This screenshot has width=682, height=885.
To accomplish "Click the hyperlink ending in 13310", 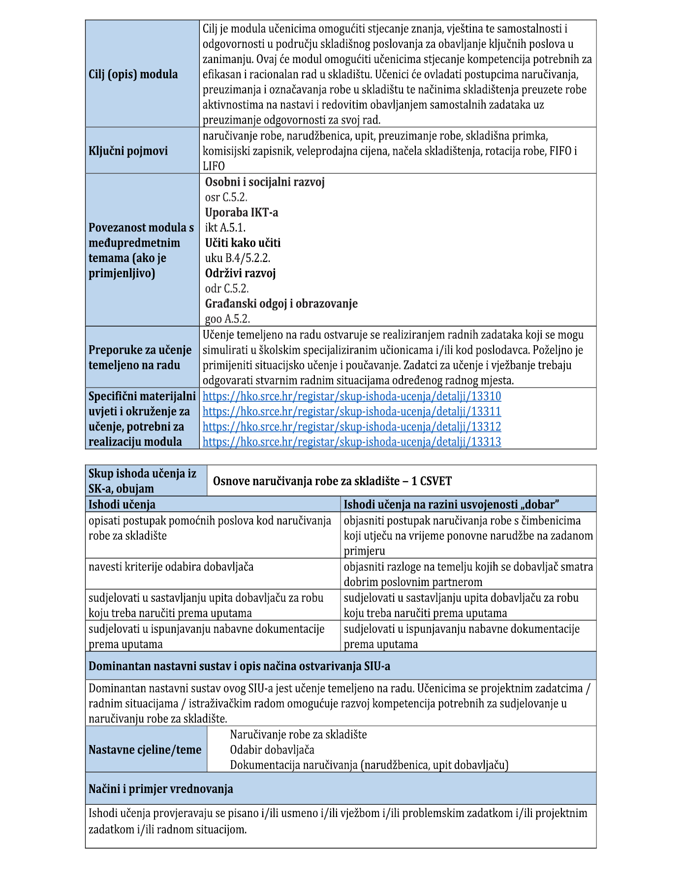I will (351, 396).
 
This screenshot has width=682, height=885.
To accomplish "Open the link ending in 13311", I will (351, 412).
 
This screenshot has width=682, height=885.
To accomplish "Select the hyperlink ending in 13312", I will (351, 427).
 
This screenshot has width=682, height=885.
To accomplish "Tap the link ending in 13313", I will (351, 442).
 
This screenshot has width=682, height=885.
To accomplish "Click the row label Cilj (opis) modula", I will (133, 74).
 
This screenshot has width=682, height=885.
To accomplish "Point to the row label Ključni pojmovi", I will (128, 151).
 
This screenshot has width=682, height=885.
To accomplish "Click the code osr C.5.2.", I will (226, 197).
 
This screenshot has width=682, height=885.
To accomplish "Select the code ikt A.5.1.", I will (225, 228).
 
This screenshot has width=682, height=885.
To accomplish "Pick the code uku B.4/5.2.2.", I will (237, 258).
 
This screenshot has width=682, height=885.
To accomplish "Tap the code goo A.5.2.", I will (227, 319).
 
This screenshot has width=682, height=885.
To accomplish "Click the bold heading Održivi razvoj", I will (240, 273).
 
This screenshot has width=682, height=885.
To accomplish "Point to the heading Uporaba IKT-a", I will (241, 213).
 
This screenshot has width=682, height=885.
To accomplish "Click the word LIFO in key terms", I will (214, 166).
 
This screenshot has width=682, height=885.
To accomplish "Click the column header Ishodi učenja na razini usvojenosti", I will (451, 504).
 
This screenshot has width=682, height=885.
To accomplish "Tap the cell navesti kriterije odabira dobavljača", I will (171, 567).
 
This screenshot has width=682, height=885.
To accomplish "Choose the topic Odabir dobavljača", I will (272, 750).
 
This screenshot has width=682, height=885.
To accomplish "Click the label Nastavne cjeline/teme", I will (145, 750).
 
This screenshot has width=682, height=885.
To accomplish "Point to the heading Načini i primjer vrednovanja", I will (160, 789).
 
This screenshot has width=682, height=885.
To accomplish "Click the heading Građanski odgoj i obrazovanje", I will (281, 304).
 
